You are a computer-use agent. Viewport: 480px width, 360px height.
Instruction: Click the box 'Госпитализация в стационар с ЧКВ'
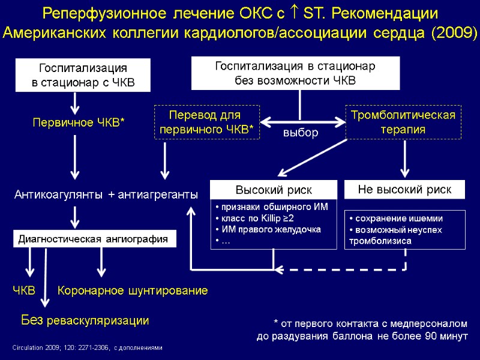[x=83, y=76]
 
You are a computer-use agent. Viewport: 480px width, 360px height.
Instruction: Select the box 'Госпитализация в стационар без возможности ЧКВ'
[x=295, y=73]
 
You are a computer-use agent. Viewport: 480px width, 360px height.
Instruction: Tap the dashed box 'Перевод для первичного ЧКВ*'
[x=207, y=122]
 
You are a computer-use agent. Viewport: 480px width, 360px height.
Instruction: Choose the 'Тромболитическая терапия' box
[x=403, y=122]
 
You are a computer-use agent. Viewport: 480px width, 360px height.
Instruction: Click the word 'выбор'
[x=300, y=133]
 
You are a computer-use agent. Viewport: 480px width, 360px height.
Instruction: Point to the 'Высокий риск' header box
[x=273, y=190]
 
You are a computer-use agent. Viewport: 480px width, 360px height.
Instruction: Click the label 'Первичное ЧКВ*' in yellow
[x=78, y=123]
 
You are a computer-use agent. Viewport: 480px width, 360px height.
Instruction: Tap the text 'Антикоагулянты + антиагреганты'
[x=106, y=195]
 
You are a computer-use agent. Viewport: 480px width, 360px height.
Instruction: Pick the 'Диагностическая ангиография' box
[x=96, y=239]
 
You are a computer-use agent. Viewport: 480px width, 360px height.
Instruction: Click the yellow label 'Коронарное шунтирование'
[x=133, y=290]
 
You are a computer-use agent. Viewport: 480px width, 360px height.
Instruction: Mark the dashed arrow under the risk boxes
[x=342, y=269]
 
